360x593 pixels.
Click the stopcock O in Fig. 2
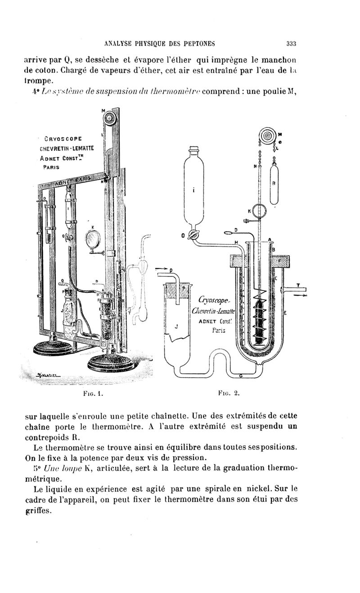[x=193, y=235]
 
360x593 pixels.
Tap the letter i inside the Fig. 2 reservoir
[x=193, y=190]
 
